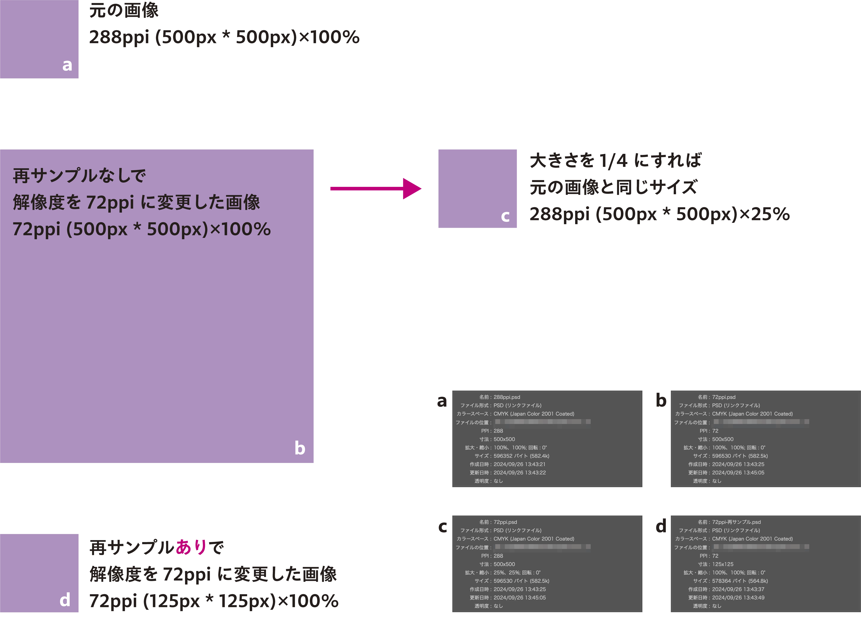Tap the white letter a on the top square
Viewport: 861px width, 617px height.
pyautogui.click(x=67, y=65)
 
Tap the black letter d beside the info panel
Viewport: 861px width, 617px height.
pyautogui.click(x=661, y=526)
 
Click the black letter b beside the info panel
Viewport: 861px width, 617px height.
pyautogui.click(x=661, y=401)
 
